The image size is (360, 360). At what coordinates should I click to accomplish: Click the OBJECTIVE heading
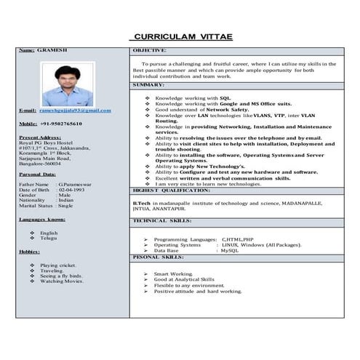pos(150,50)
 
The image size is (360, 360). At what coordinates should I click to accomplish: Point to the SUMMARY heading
pos(148,86)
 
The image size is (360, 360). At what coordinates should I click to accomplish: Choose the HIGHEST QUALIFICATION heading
pos(172,190)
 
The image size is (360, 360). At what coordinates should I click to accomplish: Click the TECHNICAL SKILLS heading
pos(162,220)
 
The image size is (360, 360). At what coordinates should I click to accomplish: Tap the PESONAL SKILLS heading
pos(159,257)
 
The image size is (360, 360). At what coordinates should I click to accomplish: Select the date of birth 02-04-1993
pos(73,190)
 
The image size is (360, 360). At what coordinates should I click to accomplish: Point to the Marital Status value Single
pos(66,206)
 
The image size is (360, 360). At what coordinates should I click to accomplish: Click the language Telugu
pos(49,239)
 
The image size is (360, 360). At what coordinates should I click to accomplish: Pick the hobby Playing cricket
pos(58,265)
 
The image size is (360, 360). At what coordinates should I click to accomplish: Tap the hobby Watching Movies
pos(61,281)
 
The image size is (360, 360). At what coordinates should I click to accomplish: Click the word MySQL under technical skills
pos(229,251)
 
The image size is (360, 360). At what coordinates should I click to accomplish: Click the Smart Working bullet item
pos(172,274)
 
